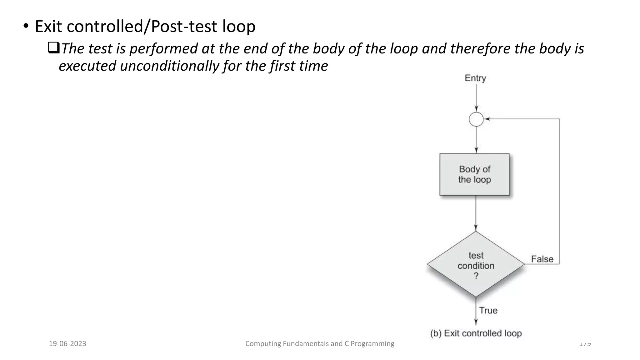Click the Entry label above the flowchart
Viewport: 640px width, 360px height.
(475, 78)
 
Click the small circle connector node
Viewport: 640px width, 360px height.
(476, 119)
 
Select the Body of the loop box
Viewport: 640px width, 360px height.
(474, 174)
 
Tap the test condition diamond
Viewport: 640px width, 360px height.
(476, 264)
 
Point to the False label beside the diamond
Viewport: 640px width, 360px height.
(542, 259)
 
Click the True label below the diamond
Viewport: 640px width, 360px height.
(488, 310)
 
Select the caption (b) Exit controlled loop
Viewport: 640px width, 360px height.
(476, 333)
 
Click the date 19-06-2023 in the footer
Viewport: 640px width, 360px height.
(67, 344)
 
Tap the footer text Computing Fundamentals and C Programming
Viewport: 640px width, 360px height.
(320, 344)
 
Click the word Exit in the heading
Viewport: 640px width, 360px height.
(48, 26)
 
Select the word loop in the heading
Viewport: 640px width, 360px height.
(239, 26)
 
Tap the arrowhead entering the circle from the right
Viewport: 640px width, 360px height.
(486, 119)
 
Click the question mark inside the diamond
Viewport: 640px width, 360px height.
(476, 276)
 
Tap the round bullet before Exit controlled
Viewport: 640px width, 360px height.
(26, 26)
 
